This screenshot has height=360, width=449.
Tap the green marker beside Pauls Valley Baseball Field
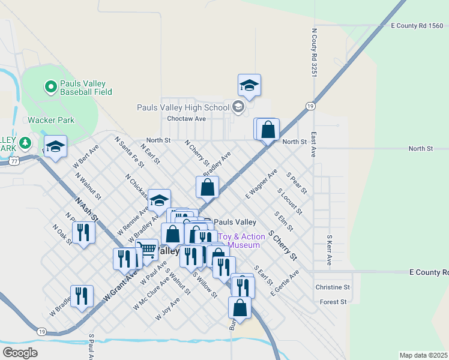point(50,87)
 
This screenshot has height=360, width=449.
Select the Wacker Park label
point(51,120)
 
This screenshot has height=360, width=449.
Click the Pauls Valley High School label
point(183,107)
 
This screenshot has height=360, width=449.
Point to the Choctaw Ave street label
point(187,119)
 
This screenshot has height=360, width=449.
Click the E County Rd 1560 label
point(417,25)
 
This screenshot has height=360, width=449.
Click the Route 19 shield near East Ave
point(309,106)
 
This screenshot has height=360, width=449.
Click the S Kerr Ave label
point(329,250)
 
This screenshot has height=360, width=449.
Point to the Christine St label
point(333,287)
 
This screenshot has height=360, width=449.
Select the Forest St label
point(334,302)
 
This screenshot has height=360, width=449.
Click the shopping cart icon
point(146,249)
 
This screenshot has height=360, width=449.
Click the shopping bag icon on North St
point(268,129)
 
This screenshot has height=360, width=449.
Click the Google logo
point(20,353)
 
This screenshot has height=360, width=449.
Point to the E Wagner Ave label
point(261,184)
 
